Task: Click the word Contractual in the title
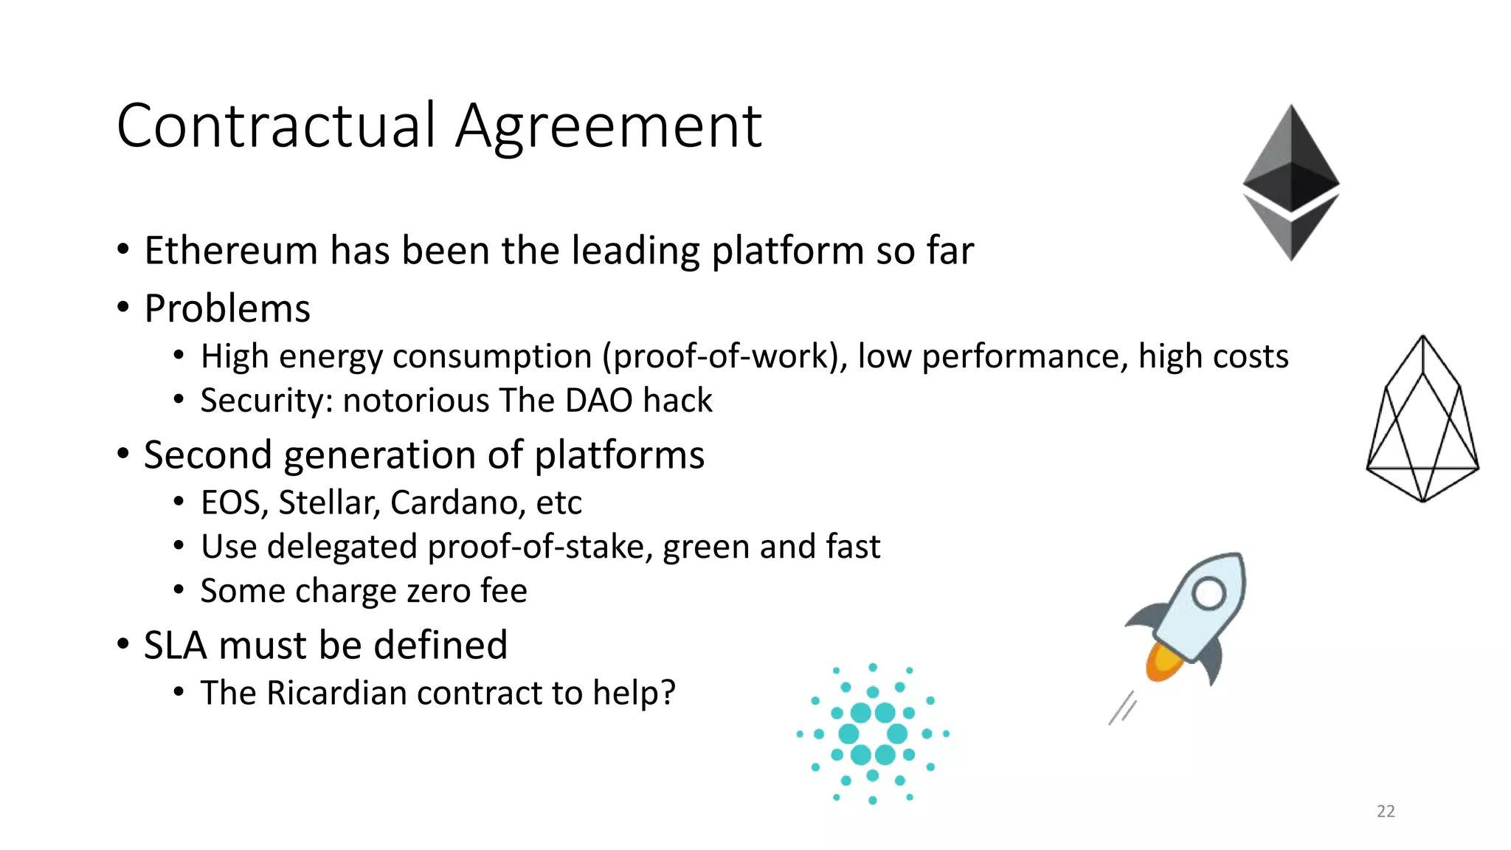[277, 126]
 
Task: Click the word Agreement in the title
[609, 126]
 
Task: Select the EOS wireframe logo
[1422, 421]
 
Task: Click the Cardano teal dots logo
[873, 733]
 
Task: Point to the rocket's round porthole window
[1209, 593]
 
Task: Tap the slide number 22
[1386, 811]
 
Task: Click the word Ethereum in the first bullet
[231, 251]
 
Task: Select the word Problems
[227, 308]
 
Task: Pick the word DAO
[598, 401]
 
